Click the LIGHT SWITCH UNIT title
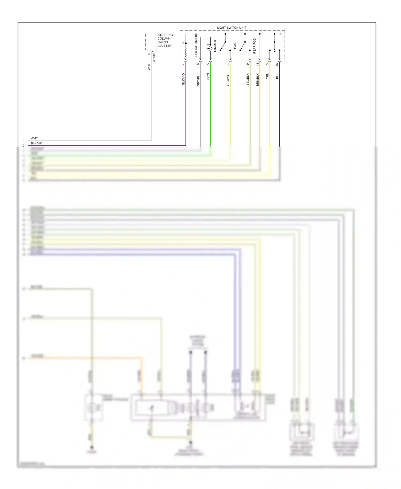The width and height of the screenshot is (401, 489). point(232,28)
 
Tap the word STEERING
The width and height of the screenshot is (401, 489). point(165,35)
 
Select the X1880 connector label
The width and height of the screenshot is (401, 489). point(154,58)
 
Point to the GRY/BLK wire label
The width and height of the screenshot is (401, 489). point(198,79)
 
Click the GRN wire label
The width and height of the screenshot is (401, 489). point(208,77)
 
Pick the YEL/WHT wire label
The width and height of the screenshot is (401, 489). point(228,80)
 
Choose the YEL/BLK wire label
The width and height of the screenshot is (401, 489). point(248,79)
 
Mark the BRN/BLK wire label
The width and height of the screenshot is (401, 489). point(258,79)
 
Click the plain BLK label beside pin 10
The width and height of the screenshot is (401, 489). point(277,76)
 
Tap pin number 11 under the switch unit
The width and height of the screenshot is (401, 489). point(258,64)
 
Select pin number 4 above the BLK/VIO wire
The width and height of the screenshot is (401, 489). point(183,64)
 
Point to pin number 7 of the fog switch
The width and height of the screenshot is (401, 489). point(228,64)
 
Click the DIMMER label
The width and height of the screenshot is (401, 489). point(215,46)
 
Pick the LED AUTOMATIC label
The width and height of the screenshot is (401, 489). point(196,45)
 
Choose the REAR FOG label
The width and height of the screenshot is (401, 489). point(255,46)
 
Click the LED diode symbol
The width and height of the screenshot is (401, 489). point(186,43)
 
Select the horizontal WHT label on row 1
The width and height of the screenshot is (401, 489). point(34,138)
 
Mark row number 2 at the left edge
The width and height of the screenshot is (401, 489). point(24,146)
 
